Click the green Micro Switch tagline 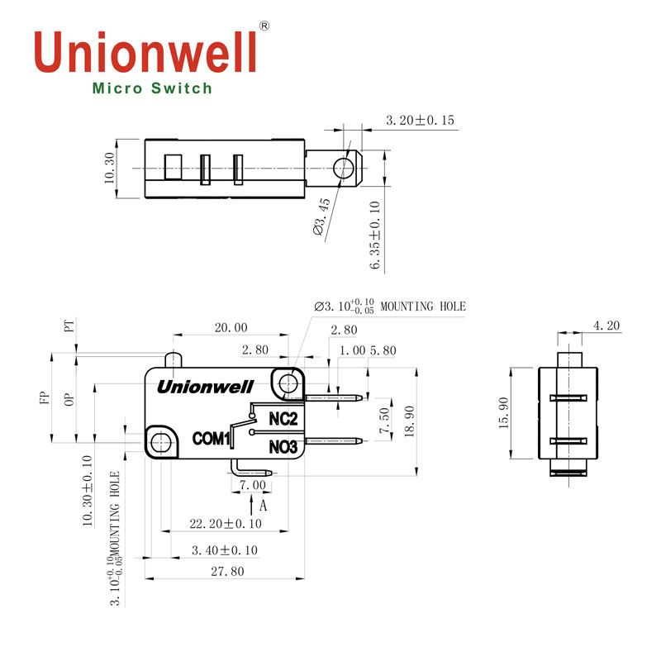click(152, 88)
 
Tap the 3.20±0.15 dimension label click(420, 121)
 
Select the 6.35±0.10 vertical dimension click(375, 235)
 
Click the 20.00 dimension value click(231, 328)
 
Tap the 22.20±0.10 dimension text click(226, 524)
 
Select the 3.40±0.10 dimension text click(224, 549)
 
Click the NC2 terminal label click(283, 419)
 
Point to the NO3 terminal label click(283, 447)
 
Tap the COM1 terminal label click(210, 439)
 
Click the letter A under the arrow click(264, 504)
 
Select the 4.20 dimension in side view click(606, 326)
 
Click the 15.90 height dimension click(502, 416)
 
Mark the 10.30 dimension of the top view click(111, 169)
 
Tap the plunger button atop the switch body click(174, 359)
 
